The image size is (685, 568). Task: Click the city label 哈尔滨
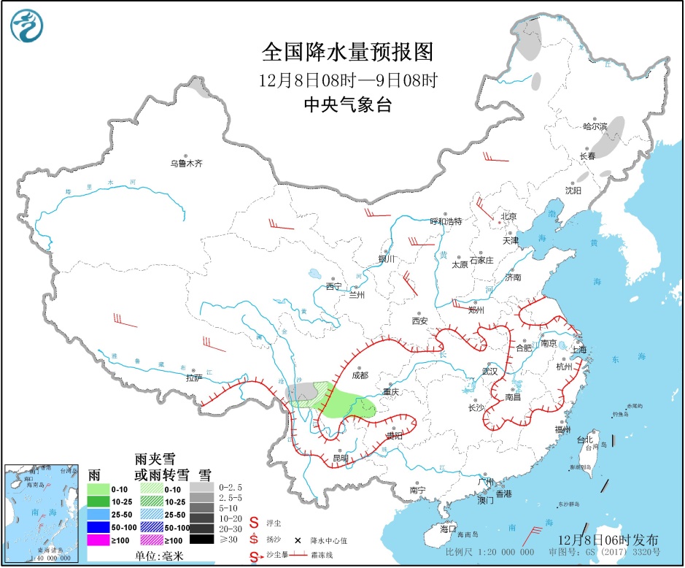(595, 126)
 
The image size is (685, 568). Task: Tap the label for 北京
(508, 216)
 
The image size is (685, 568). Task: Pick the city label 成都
(360, 375)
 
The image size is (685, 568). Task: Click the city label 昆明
(340, 458)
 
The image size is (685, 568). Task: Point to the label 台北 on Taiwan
(585, 440)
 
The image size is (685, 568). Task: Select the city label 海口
(448, 528)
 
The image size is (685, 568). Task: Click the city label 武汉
(489, 371)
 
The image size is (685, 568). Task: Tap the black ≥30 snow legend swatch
(204, 540)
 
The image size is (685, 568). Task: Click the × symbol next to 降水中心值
(298, 541)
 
